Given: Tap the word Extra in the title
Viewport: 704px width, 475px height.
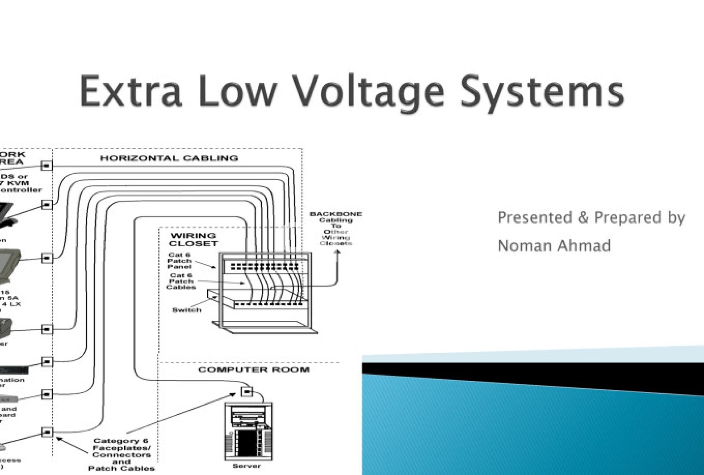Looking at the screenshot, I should (130, 91).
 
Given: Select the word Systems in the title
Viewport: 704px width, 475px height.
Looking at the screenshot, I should (542, 92).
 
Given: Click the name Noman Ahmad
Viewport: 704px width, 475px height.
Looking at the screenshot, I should (554, 246).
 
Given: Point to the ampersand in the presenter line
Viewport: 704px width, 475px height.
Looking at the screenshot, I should (583, 218).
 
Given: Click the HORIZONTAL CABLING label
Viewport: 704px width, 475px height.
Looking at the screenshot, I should (169, 158).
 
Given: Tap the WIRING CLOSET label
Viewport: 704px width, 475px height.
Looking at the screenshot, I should (193, 240).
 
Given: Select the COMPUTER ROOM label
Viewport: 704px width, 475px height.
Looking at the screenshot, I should (254, 369).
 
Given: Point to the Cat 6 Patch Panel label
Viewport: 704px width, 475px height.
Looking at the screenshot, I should (180, 261).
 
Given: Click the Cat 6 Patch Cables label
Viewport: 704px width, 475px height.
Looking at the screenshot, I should (181, 281).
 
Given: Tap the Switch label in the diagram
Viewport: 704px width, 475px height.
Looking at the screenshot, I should (187, 310).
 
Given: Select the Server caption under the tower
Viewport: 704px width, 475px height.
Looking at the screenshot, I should (246, 466).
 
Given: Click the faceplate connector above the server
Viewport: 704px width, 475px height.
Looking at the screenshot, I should (247, 391).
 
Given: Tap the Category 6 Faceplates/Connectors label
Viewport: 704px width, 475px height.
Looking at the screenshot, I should (121, 454).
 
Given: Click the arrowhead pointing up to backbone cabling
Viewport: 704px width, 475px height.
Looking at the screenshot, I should (338, 252).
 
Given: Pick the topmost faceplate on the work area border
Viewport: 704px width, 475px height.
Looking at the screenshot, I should (47, 166).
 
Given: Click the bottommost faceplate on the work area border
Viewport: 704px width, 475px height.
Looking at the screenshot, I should (47, 432).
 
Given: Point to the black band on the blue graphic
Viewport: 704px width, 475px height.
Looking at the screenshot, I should (532, 376).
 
